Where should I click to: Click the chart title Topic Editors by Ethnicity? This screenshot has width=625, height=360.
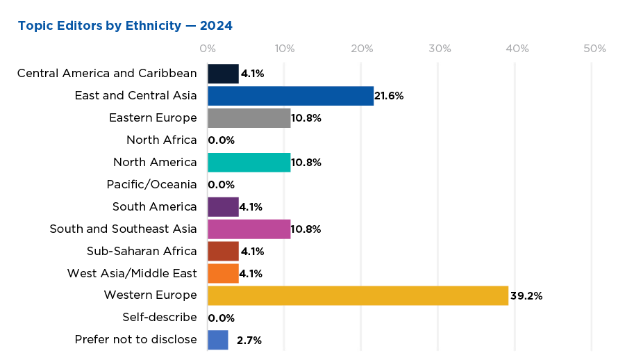(x=125, y=26)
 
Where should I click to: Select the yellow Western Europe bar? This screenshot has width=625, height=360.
(x=358, y=295)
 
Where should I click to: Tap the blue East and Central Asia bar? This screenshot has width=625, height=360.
(x=290, y=96)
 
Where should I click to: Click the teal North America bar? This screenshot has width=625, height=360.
(x=249, y=163)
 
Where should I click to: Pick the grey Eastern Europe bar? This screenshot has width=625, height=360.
(x=249, y=118)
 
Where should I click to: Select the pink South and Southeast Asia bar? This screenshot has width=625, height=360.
(x=249, y=229)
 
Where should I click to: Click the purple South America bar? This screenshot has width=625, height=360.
(x=223, y=207)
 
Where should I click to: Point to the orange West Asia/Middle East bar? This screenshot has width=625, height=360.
(x=223, y=273)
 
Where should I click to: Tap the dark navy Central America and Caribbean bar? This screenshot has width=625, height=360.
(x=223, y=74)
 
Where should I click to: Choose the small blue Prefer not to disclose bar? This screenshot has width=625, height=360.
(x=218, y=340)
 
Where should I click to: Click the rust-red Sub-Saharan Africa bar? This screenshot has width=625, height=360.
(x=223, y=251)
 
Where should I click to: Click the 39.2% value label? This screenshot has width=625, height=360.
(x=526, y=295)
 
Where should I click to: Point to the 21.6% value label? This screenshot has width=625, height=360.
(x=389, y=96)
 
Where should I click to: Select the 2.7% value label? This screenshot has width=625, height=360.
(x=249, y=340)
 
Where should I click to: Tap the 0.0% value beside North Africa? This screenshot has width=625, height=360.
(x=222, y=140)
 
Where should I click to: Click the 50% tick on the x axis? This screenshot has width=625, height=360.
(x=594, y=49)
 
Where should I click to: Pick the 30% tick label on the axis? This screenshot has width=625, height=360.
(x=440, y=49)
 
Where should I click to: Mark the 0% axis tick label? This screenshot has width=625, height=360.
(x=207, y=49)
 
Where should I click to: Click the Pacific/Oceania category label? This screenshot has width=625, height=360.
(x=151, y=185)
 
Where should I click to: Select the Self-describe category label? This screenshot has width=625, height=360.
(x=159, y=318)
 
